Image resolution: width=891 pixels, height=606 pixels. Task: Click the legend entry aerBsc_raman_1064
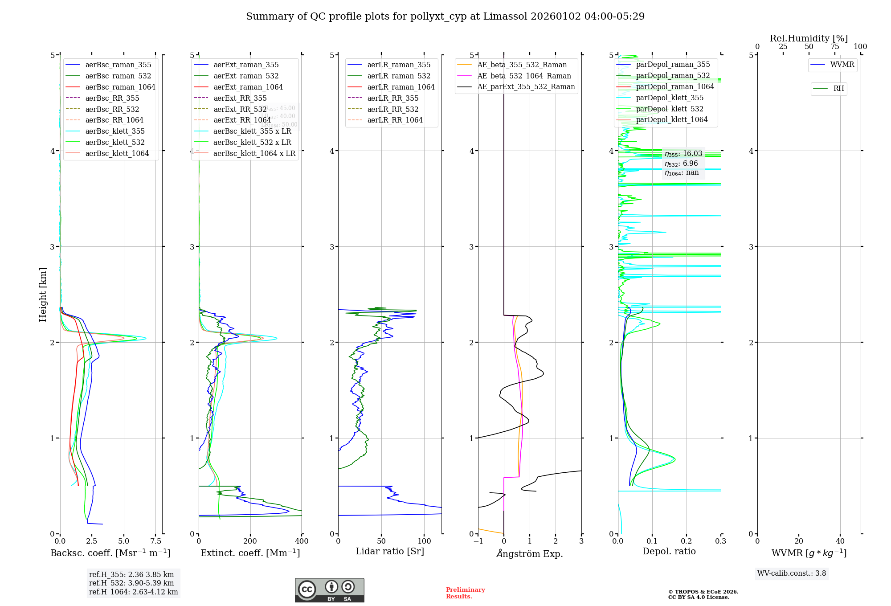coord(120,87)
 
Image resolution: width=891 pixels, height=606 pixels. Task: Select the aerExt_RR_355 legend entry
coord(240,98)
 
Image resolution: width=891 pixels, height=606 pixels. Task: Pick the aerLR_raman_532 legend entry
coord(399,76)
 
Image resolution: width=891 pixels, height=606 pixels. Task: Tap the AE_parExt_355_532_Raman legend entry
coord(526,86)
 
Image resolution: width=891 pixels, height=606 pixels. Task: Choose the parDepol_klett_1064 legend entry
coord(671,119)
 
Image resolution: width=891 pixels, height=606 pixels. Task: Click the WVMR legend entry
coord(842,65)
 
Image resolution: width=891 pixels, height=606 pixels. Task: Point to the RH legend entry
coord(838,89)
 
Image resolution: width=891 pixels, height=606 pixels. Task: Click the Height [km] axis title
coord(43,295)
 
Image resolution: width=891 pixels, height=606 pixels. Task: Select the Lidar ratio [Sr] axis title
coord(390,551)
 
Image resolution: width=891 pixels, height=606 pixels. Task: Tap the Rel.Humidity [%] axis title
coord(809,38)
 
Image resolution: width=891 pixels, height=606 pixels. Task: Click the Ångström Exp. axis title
coord(530,553)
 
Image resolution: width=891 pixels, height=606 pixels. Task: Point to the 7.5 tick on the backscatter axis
coord(155,541)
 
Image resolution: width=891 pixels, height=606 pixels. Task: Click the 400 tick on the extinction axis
coord(302,541)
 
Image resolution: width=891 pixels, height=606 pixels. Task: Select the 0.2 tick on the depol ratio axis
coord(687,541)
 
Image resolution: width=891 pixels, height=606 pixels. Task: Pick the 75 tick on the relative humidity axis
coord(834,47)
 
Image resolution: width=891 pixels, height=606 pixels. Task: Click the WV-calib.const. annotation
coord(792,573)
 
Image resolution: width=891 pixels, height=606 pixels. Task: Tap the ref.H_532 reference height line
coord(131,583)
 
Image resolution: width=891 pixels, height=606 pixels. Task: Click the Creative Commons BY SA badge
coord(329,590)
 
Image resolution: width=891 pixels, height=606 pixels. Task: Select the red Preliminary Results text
coord(465,593)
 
